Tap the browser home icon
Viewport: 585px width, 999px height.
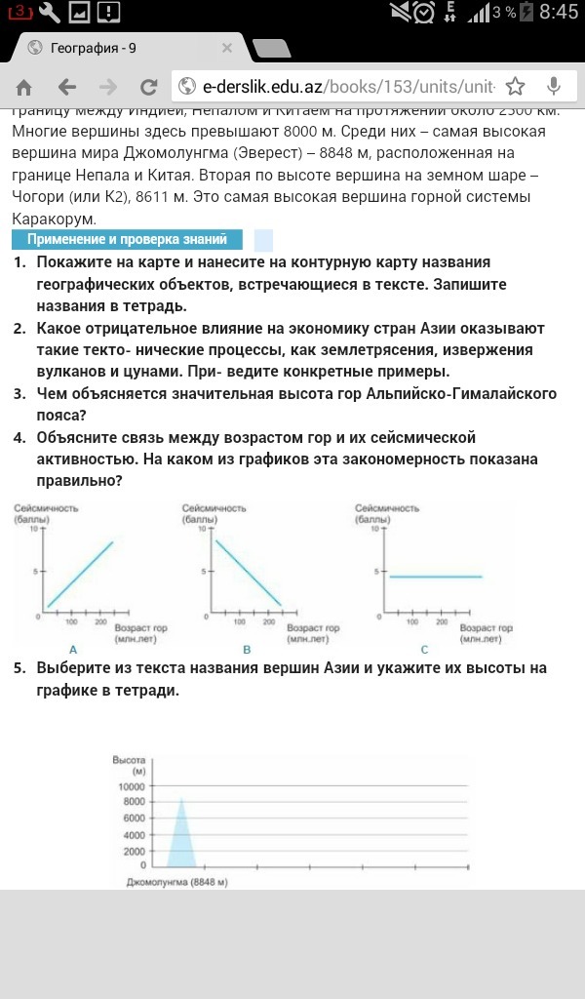pos(24,87)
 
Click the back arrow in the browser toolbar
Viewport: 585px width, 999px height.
pos(67,87)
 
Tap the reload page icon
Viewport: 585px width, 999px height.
pos(149,87)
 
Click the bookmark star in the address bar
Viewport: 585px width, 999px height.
pos(516,87)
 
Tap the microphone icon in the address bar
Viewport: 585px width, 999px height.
pos(554,87)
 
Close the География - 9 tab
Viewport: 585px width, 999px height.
pos(227,47)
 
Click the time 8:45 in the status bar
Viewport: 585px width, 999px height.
pos(559,13)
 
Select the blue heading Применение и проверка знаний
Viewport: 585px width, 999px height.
pos(127,239)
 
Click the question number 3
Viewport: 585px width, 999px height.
pos(19,394)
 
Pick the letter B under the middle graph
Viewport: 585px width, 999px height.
pos(247,649)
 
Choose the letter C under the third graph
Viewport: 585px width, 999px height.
pos(424,649)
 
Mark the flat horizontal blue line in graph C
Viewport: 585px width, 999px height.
pos(435,577)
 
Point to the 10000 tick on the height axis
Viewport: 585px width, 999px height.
pos(131,786)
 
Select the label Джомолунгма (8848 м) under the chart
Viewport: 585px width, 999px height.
pos(176,882)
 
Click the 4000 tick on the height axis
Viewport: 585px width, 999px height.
pos(134,835)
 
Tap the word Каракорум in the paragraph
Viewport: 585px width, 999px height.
pos(52,218)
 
